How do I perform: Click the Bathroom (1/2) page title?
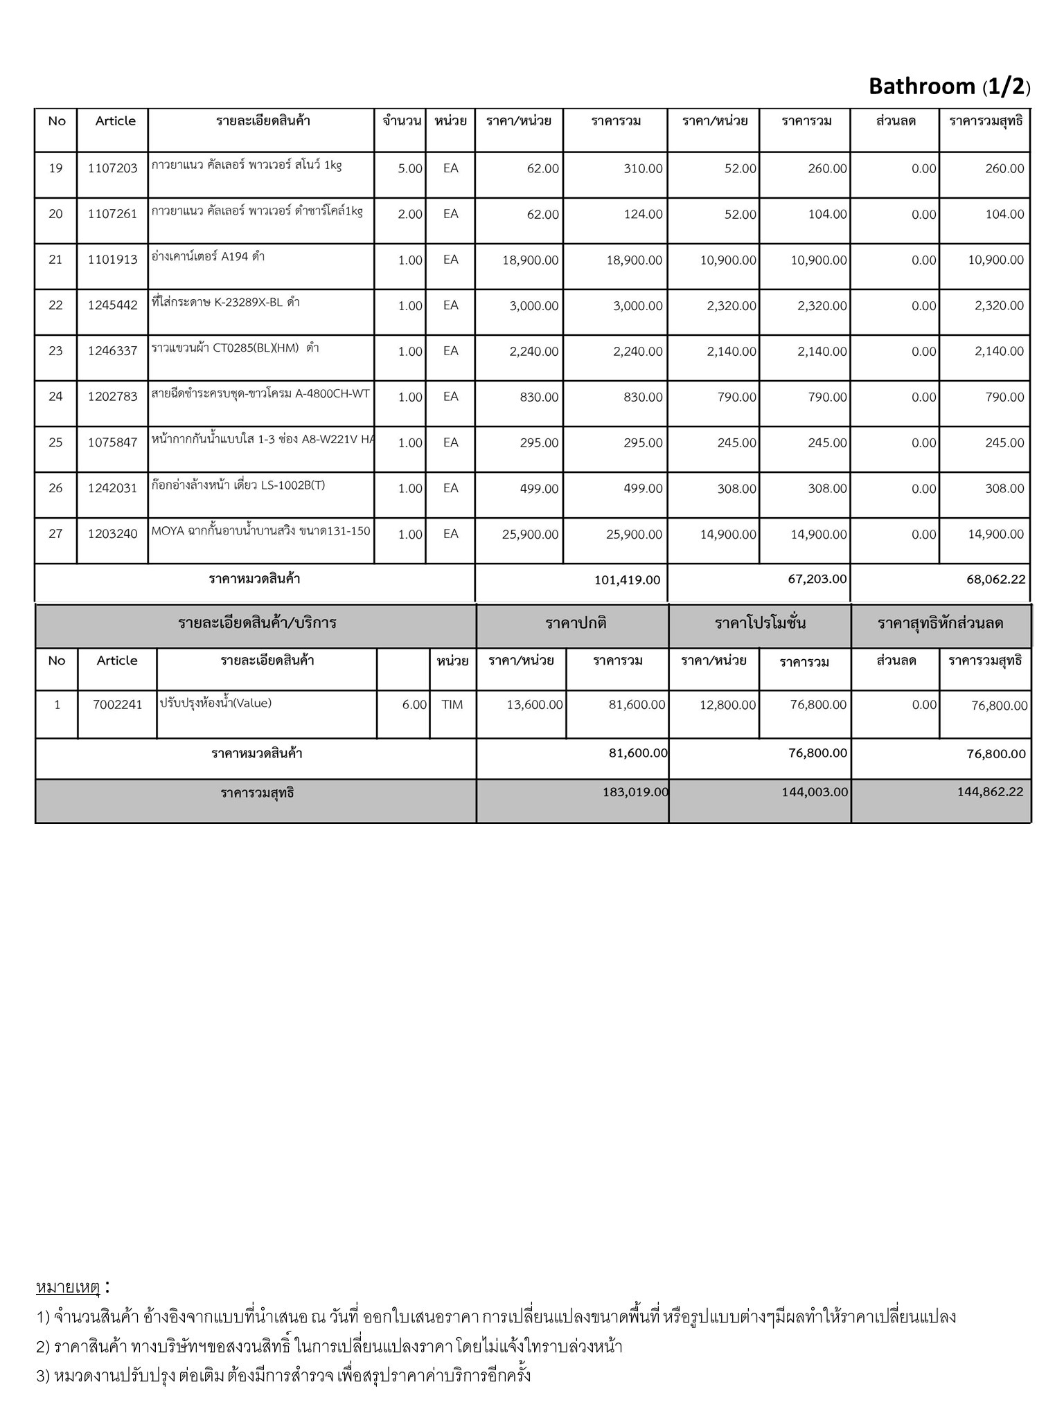949,87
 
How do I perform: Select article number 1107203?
112,168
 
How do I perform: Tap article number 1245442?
112,305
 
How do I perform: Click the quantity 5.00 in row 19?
410,168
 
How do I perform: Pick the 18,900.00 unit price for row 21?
530,260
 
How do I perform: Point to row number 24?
55,397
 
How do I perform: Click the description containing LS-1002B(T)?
238,485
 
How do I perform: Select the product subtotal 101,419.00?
627,580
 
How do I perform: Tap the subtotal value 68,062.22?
995,580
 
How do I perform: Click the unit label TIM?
452,705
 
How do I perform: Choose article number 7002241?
117,705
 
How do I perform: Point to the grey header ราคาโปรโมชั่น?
760,623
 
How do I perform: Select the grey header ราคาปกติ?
576,623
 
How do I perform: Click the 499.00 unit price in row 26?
539,489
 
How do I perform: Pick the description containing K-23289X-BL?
226,303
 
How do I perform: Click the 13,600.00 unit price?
534,705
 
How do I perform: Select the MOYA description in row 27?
260,532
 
